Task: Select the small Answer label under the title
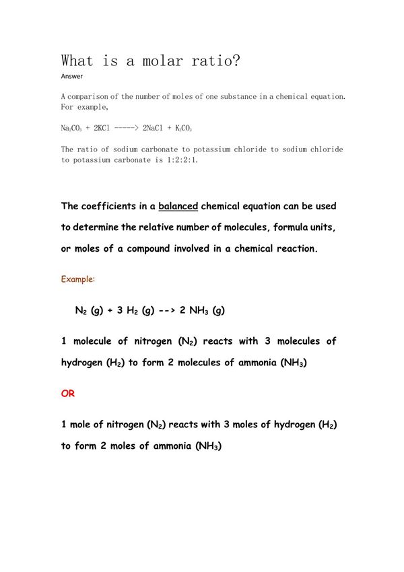71,76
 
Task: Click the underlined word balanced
178,206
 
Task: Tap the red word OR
68,394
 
